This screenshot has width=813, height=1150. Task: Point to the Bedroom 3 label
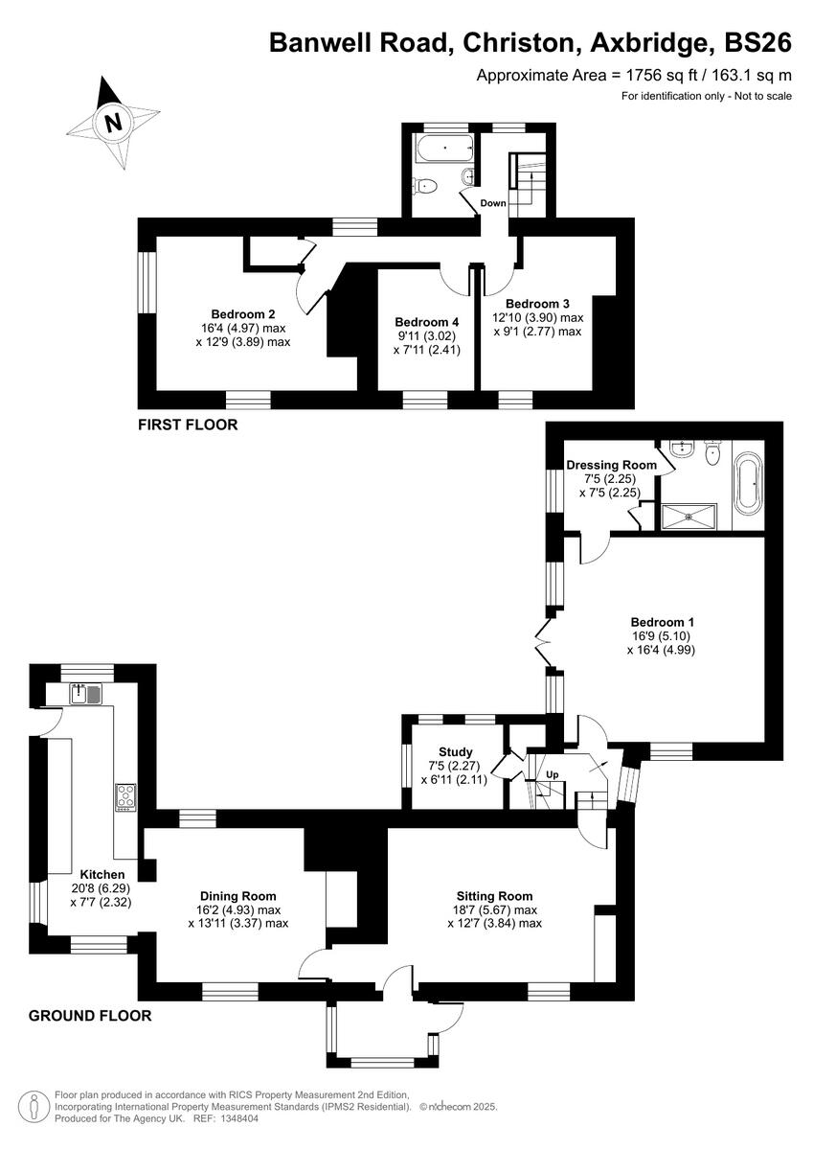(x=537, y=304)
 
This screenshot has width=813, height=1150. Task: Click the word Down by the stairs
(x=493, y=203)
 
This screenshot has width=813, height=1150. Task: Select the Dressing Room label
(x=611, y=465)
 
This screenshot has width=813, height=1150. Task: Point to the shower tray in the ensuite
(x=693, y=516)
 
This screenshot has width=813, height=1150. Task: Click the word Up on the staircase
(x=552, y=773)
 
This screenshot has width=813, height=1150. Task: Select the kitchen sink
(x=86, y=693)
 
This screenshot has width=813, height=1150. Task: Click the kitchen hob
(x=126, y=796)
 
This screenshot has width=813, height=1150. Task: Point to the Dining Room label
(x=238, y=896)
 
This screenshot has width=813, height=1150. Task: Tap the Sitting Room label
(x=494, y=896)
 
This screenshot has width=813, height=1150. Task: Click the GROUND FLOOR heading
(x=90, y=1016)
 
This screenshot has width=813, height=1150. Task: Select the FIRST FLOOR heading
(x=187, y=425)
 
